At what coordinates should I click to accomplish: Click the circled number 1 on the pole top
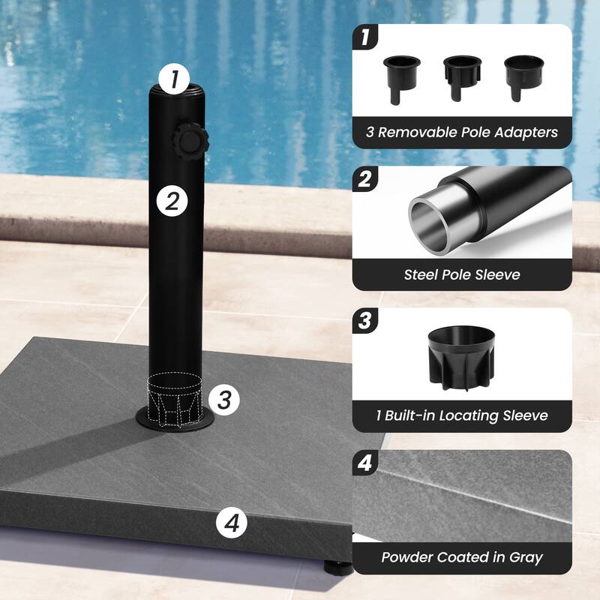[174, 79]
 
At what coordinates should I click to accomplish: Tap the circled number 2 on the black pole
[172, 200]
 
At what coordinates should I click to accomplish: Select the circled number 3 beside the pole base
[223, 399]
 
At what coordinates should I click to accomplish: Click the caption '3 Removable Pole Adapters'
[462, 133]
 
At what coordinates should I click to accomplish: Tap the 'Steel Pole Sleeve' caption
[462, 274]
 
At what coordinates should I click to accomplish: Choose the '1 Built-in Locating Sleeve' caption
[462, 415]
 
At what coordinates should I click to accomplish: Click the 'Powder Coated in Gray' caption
[462, 557]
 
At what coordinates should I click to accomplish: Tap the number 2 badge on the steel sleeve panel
[364, 179]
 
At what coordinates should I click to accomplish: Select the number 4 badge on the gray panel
[364, 463]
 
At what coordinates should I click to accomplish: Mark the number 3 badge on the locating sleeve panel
[364, 321]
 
